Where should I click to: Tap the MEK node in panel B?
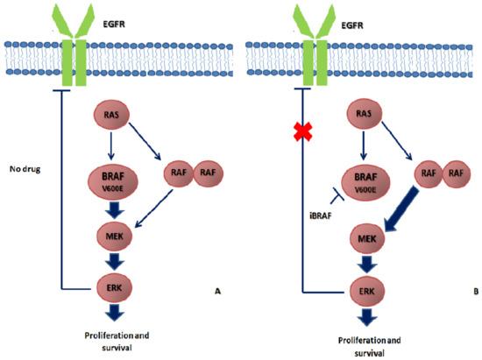pyautogui.click(x=363, y=239)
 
